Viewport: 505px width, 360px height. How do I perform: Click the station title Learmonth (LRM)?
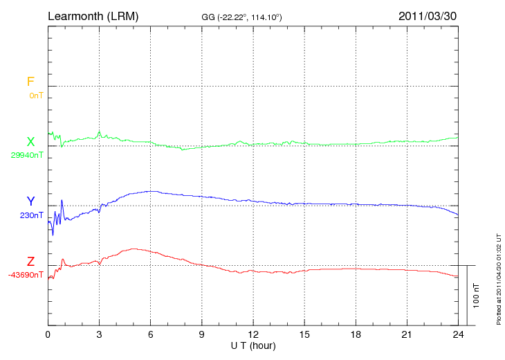[x=93, y=15]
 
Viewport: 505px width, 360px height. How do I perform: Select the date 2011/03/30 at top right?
[x=428, y=15]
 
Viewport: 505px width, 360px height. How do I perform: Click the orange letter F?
[x=30, y=82]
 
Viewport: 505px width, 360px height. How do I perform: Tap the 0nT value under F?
[x=36, y=96]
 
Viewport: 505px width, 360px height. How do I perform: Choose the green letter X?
[x=30, y=142]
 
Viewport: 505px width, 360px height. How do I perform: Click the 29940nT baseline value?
[x=27, y=155]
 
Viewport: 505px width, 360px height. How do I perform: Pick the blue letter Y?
[x=30, y=201]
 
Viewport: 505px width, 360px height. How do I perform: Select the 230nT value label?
[x=32, y=215]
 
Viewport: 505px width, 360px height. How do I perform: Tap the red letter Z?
[x=30, y=262]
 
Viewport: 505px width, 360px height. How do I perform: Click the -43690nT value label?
[x=26, y=275]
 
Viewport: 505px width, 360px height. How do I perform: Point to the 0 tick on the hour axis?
[x=48, y=334]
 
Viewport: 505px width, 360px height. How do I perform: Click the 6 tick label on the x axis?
[x=151, y=334]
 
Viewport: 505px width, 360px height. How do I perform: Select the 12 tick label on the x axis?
[x=253, y=334]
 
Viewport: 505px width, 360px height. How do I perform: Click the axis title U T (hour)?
[x=253, y=345]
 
